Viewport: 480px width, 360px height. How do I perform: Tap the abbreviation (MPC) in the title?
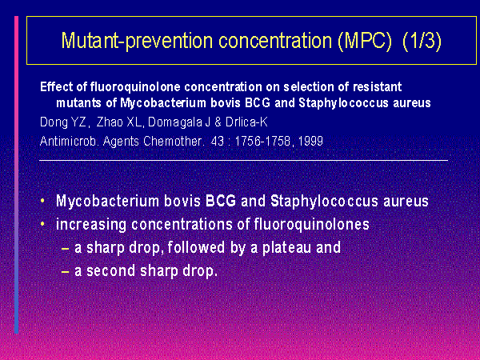[x=365, y=41]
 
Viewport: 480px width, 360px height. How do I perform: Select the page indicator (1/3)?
[x=422, y=41]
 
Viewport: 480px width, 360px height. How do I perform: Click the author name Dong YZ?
[x=62, y=122]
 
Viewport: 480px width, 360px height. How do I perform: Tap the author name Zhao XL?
[x=118, y=122]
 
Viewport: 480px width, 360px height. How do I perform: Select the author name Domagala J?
[x=179, y=122]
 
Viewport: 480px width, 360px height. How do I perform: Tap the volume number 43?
[x=218, y=141]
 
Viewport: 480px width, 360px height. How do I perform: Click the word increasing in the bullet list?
[x=91, y=225]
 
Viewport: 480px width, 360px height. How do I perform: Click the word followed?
[x=196, y=247]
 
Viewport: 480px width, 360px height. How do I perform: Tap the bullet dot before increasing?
[x=42, y=224]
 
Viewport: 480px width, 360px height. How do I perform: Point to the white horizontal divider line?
[x=244, y=160]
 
